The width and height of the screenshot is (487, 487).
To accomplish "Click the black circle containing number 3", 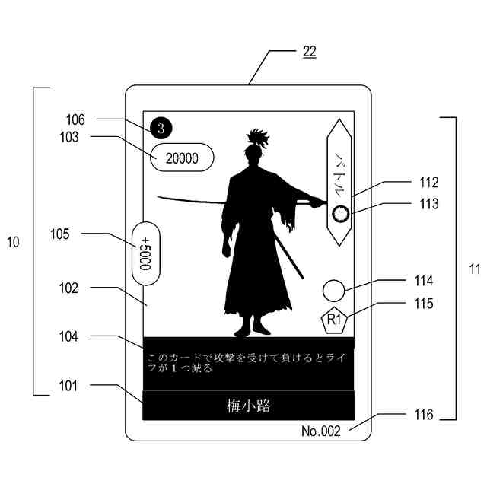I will pos(161,128).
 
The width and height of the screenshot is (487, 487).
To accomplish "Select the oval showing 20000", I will pos(182,158).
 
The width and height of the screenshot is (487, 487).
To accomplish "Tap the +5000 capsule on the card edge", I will pos(145,253).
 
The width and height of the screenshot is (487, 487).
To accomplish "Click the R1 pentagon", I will pos(334,320).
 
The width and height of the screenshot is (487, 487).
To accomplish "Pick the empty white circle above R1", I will pos(333,291).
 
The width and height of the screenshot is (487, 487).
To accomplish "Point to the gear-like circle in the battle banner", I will pos(341,212).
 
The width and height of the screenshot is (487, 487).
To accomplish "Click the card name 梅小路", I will pos(248,406).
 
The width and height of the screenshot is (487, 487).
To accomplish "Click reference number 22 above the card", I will pos(309,52).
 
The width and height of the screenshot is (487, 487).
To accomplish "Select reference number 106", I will pos(75,119).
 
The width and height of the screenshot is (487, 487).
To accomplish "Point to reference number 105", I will pos(80,234).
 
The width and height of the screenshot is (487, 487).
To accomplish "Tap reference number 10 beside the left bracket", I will pos(12,242).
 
